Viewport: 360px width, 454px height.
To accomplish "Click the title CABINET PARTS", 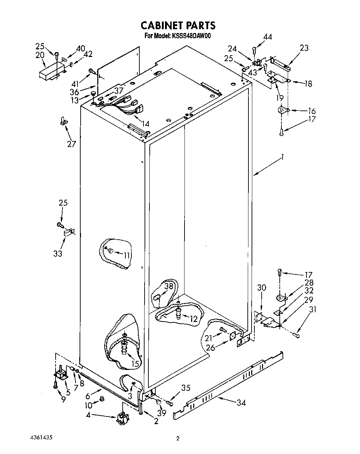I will click(178, 25).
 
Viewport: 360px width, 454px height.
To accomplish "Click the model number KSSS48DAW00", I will click(191, 35).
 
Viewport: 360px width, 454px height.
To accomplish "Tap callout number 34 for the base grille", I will click(241, 403).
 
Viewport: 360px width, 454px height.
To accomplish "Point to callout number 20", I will click(40, 55).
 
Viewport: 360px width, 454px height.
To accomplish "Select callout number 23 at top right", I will click(304, 48).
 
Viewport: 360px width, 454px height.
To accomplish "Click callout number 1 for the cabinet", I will click(283, 157).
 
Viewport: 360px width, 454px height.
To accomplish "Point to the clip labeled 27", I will click(63, 121).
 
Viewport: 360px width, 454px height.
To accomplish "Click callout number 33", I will click(58, 254).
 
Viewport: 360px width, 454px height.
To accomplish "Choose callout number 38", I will click(169, 286).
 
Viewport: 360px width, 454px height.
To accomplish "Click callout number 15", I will click(135, 364).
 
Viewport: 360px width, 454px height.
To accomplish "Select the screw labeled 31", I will click(296, 335).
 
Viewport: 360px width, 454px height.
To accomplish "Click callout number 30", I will click(262, 288).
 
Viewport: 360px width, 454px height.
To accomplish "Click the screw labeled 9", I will click(56, 385).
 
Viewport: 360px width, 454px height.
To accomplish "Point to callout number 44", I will click(267, 37).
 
